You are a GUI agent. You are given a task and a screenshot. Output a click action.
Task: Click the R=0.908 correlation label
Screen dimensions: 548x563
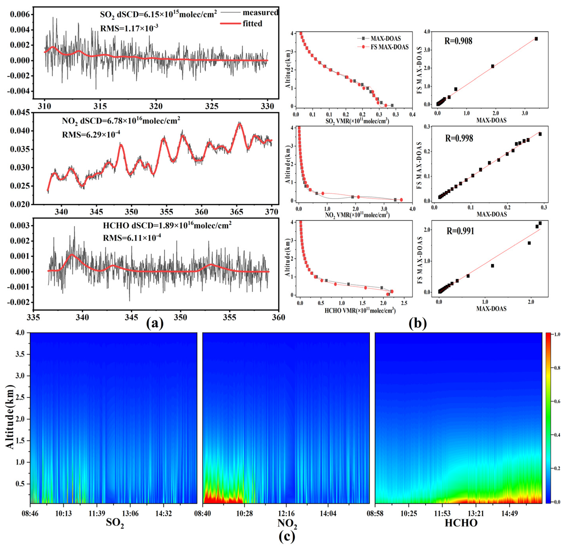[458, 41]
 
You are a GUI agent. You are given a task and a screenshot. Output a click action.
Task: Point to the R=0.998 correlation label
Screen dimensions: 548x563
[459, 138]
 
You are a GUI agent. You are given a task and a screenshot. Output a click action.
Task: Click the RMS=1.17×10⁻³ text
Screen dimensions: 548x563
[129, 28]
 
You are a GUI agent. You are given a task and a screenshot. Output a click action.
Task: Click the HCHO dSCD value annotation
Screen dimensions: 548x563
[167, 225]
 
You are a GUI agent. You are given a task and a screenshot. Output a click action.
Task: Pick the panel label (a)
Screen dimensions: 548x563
[155, 324]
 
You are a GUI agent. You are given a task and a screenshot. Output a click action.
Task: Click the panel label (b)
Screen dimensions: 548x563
[417, 324]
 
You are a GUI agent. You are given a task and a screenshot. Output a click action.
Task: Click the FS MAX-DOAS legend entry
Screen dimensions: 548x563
[389, 47]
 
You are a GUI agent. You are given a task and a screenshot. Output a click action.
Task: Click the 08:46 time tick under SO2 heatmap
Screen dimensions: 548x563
[30, 513]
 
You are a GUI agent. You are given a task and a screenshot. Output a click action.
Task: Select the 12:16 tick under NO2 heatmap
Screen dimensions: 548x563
[286, 513]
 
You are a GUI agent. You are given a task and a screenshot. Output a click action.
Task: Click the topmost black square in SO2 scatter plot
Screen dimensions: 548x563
[536, 39]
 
